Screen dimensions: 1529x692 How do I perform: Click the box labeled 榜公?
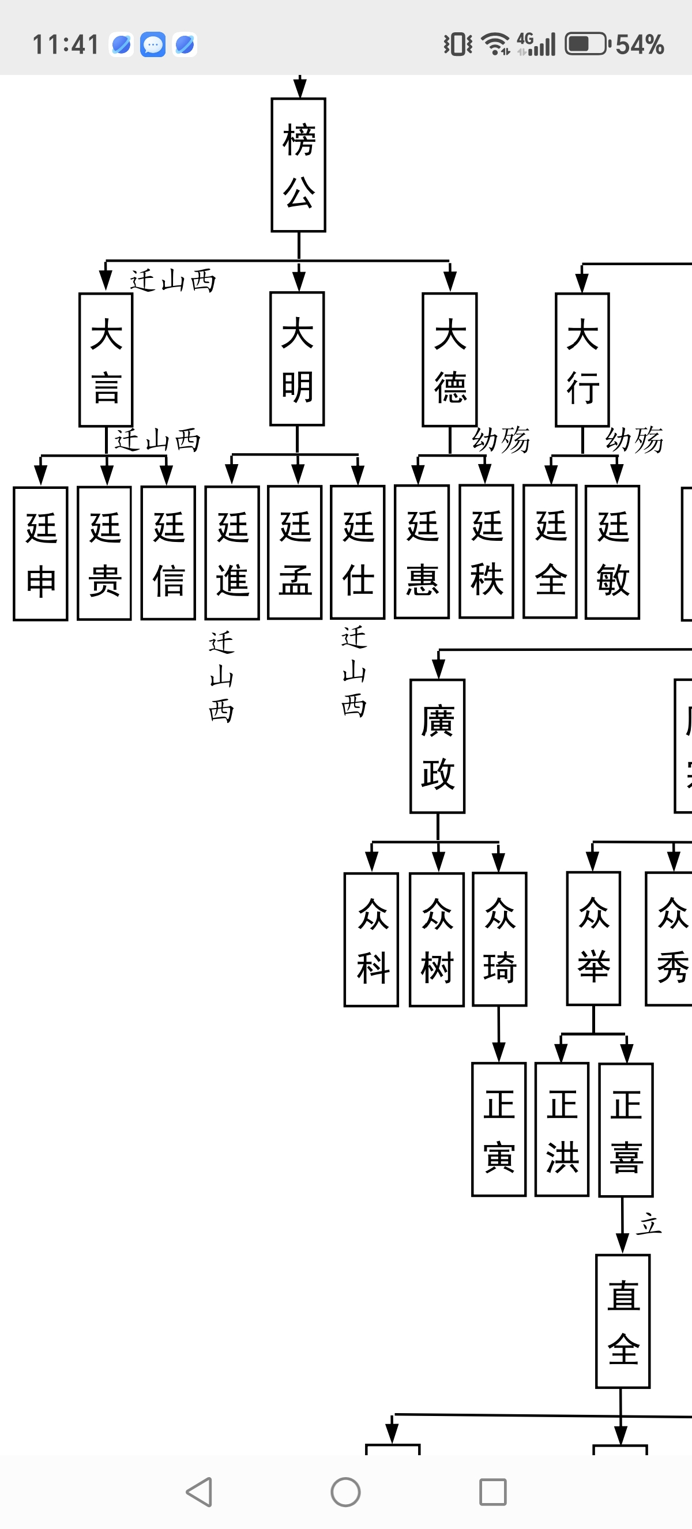299,165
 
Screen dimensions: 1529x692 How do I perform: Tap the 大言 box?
106,360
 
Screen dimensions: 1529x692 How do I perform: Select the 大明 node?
298,359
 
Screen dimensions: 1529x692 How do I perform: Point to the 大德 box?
450,360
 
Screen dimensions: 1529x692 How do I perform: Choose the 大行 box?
582,360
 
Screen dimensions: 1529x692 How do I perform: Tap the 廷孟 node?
295,552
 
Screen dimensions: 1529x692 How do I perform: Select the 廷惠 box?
422,552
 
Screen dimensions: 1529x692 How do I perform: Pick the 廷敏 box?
612,552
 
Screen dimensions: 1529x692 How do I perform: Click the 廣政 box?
437,746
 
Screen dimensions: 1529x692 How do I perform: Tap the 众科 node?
371,940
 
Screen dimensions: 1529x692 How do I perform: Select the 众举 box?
593,939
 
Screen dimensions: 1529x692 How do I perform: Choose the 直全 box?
623,1321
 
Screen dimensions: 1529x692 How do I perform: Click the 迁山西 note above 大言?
172,280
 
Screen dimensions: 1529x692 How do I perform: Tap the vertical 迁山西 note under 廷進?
221,677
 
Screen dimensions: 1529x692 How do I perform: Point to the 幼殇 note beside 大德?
501,440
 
